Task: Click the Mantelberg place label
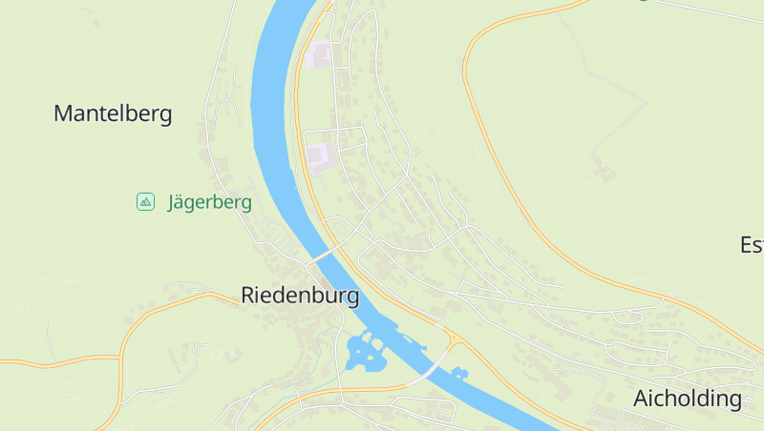tap(113, 114)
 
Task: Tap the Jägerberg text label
tap(209, 202)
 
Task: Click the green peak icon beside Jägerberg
tap(145, 201)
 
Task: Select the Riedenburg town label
tap(300, 296)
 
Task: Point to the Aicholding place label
tap(688, 399)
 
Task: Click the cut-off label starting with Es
tap(752, 245)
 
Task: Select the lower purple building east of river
tap(321, 155)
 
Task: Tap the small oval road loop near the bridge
tap(337, 228)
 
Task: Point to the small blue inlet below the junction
tap(459, 372)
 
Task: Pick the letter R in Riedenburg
tap(248, 296)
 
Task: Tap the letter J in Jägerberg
tap(173, 202)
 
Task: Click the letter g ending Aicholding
tap(734, 400)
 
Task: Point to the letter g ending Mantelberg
tap(165, 116)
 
